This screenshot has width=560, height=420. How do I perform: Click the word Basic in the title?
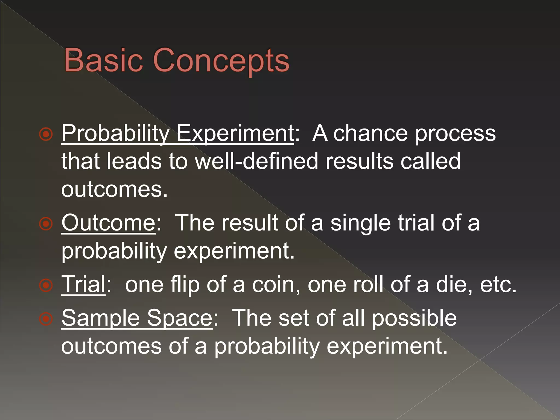point(103,60)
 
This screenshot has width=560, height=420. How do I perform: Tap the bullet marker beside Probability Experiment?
point(46,134)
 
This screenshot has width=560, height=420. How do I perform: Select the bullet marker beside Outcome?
point(46,224)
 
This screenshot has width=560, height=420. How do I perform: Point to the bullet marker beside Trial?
point(46,285)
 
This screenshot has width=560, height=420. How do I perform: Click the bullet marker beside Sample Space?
point(46,319)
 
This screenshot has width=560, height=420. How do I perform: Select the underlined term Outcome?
point(108,223)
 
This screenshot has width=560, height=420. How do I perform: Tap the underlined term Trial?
point(83,285)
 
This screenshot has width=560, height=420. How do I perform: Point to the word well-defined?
point(256,161)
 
